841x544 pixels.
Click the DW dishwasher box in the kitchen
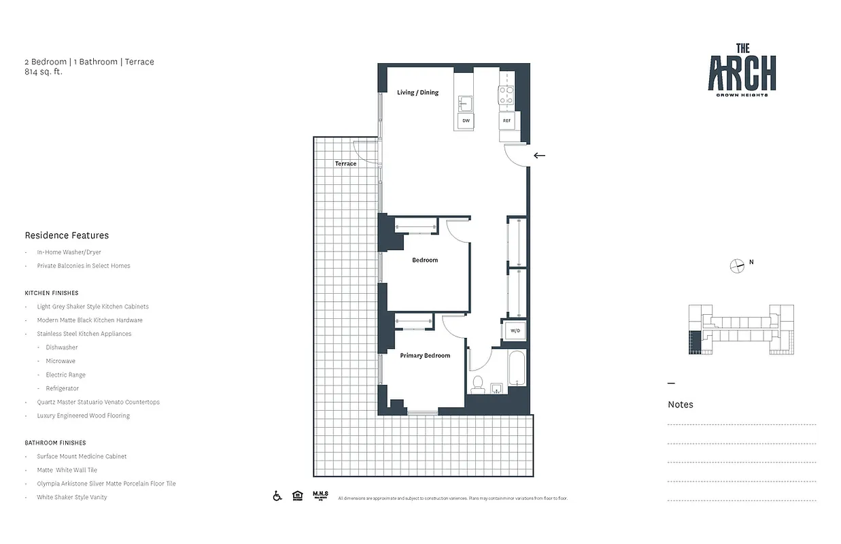[x=466, y=121]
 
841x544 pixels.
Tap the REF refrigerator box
[x=507, y=121]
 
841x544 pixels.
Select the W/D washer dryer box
[x=515, y=331]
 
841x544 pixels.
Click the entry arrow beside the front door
[x=539, y=156]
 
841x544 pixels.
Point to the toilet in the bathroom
[x=477, y=384]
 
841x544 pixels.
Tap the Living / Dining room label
[x=417, y=92]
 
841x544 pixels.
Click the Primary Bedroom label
[x=425, y=356]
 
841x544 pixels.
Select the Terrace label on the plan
[x=345, y=164]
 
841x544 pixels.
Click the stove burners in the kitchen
[x=507, y=95]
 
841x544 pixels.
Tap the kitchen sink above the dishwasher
[x=466, y=103]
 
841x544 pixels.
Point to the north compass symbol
[x=737, y=266]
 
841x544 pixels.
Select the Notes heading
[x=681, y=405]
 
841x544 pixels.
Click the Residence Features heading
[x=67, y=235]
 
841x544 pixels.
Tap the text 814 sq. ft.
[x=43, y=71]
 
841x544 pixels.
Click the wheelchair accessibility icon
[x=277, y=496]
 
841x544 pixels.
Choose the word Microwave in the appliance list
[x=61, y=361]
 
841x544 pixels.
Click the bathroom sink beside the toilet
[x=496, y=388]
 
